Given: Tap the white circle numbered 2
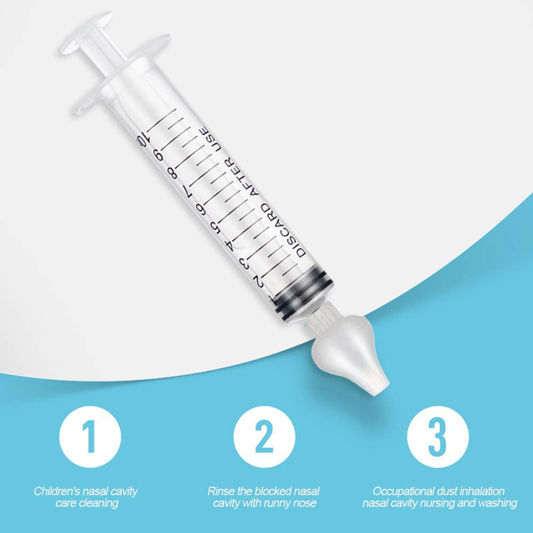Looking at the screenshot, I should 264,437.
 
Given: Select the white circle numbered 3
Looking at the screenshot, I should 438,437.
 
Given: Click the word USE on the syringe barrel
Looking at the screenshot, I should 210,137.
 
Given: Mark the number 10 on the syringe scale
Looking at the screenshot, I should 141,140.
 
